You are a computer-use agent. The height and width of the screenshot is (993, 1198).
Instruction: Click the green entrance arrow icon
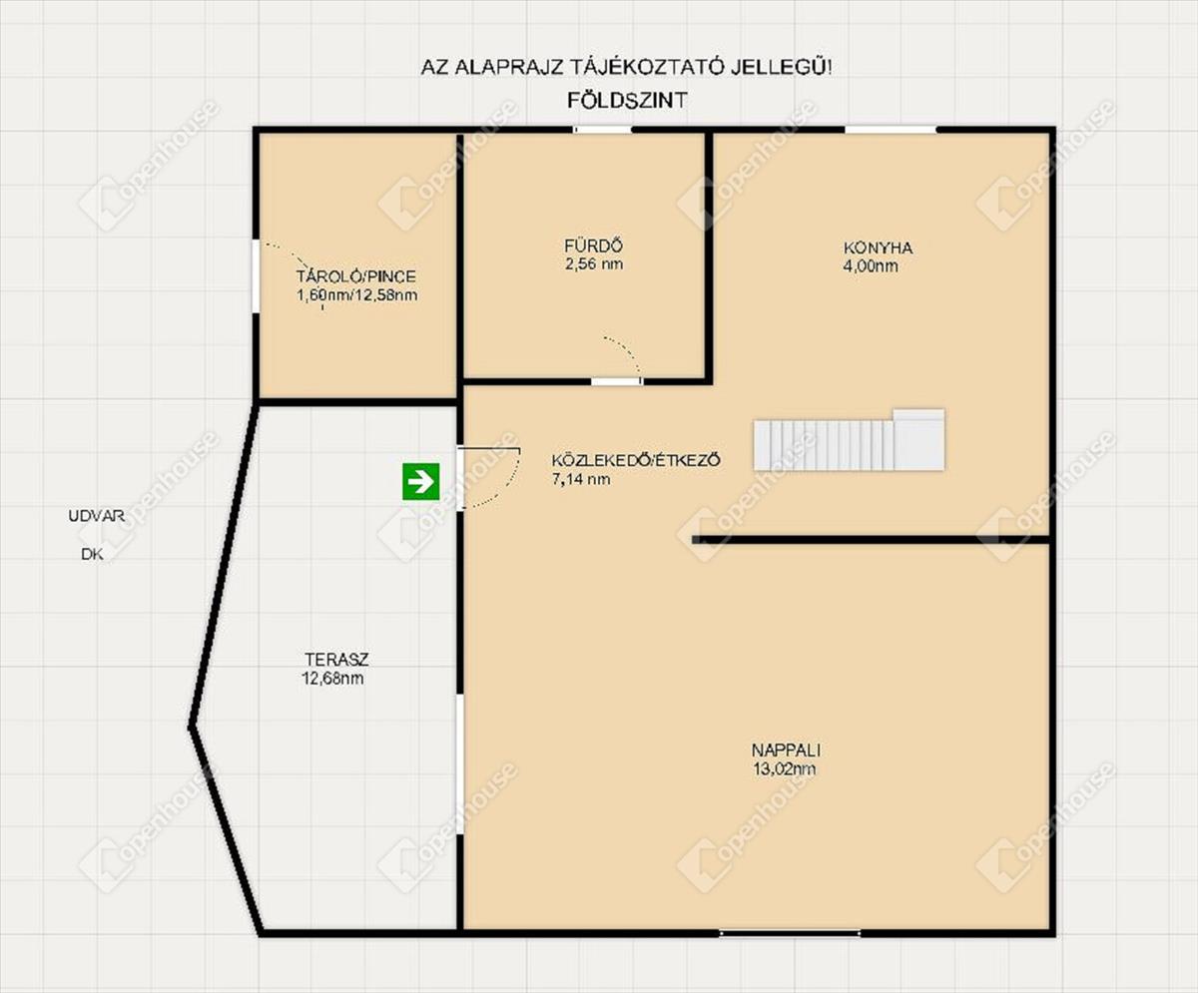click(421, 481)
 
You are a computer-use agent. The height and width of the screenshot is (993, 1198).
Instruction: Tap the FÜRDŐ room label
click(593, 246)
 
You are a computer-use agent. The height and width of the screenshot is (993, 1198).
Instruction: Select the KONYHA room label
click(878, 248)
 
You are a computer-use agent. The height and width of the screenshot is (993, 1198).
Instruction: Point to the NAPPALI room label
click(786, 749)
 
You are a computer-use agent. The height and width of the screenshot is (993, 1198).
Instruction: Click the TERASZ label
click(336, 659)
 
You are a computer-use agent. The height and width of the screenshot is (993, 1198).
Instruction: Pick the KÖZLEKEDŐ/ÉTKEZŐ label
click(636, 460)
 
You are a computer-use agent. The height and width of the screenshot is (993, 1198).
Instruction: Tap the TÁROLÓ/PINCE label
click(356, 275)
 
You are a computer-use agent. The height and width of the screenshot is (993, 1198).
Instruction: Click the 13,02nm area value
click(785, 768)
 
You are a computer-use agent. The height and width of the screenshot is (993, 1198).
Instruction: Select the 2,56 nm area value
click(594, 263)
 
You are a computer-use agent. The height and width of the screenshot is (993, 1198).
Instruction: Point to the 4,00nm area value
click(871, 266)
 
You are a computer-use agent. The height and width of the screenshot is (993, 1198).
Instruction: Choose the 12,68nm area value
click(332, 678)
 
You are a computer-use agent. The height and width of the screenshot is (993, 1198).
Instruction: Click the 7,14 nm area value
click(581, 479)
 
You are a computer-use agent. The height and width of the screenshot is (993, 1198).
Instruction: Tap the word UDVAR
click(97, 516)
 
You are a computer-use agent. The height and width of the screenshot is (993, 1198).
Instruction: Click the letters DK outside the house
click(93, 554)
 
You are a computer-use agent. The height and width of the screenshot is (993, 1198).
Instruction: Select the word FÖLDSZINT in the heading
click(627, 101)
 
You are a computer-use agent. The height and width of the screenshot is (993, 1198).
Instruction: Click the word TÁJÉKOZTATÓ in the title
click(648, 67)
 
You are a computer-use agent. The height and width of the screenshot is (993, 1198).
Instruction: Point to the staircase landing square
click(918, 440)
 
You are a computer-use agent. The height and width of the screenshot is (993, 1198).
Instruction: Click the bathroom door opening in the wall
click(617, 381)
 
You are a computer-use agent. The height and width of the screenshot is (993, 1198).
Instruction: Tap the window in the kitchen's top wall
click(891, 130)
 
